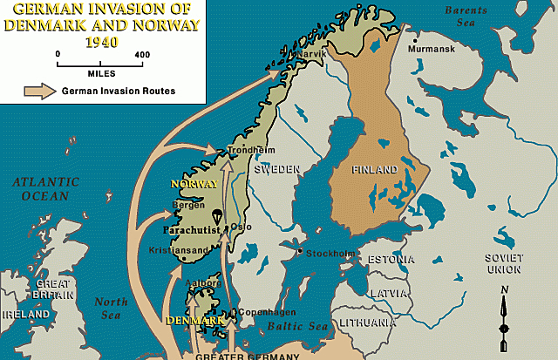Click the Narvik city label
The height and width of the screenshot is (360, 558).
click(312, 54)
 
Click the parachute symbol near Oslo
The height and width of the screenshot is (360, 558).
click(214, 214)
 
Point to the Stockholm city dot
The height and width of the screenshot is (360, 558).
click(299, 253)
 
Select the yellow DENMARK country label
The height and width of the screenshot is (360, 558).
click(198, 321)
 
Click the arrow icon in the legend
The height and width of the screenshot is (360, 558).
click(38, 90)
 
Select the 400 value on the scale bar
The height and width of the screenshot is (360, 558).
click(140, 54)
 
